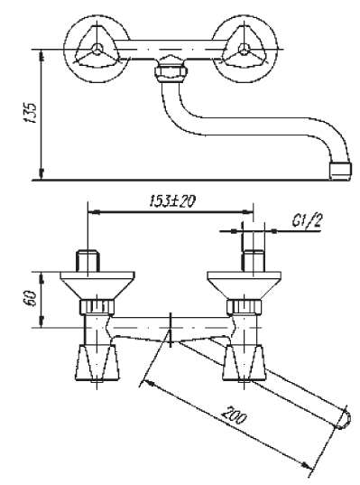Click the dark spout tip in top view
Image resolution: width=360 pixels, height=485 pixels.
[339, 169]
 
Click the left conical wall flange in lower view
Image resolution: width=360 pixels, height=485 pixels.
[96, 286]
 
